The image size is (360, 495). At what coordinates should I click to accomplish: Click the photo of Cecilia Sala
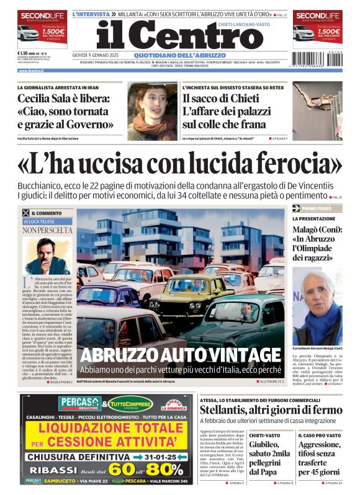[153, 111]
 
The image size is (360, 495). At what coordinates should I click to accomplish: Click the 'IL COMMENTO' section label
[45, 213]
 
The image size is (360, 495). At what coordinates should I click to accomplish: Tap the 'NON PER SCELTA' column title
[47, 230]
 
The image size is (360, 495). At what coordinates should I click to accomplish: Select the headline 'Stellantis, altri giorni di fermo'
[271, 410]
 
